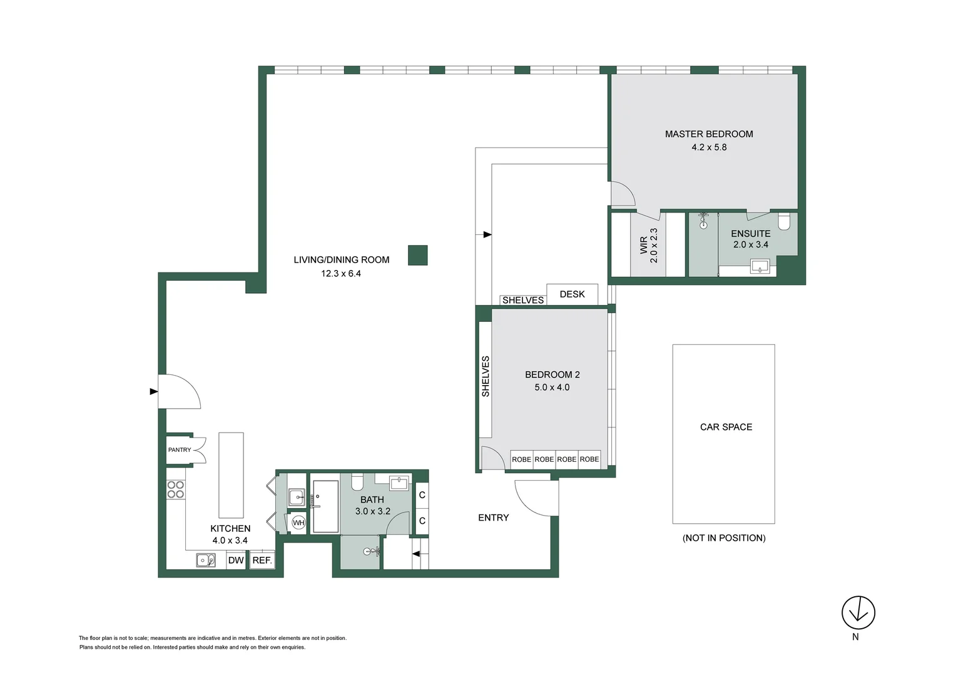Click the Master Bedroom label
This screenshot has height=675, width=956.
click(709, 134)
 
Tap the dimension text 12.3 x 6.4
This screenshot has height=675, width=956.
click(341, 273)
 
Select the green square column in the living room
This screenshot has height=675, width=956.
click(417, 255)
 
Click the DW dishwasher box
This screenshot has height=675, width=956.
click(236, 560)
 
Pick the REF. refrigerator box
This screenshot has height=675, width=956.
click(262, 560)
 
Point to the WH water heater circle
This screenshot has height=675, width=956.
click(298, 522)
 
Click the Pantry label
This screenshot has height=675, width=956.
click(180, 450)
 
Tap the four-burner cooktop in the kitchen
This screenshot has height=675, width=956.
click(176, 489)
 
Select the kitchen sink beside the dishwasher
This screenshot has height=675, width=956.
click(205, 560)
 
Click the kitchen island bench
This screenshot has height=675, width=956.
click(231, 475)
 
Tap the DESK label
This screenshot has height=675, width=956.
click(572, 294)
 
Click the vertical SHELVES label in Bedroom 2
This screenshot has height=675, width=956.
click(486, 376)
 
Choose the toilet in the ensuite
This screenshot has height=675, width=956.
click(784, 221)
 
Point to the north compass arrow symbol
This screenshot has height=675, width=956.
click(858, 612)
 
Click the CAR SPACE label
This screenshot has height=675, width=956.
click(726, 427)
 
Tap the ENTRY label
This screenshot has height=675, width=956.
click(493, 517)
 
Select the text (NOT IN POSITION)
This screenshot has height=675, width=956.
click(724, 538)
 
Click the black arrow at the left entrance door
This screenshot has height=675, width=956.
click(154, 392)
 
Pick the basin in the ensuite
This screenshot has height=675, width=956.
click(759, 267)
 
